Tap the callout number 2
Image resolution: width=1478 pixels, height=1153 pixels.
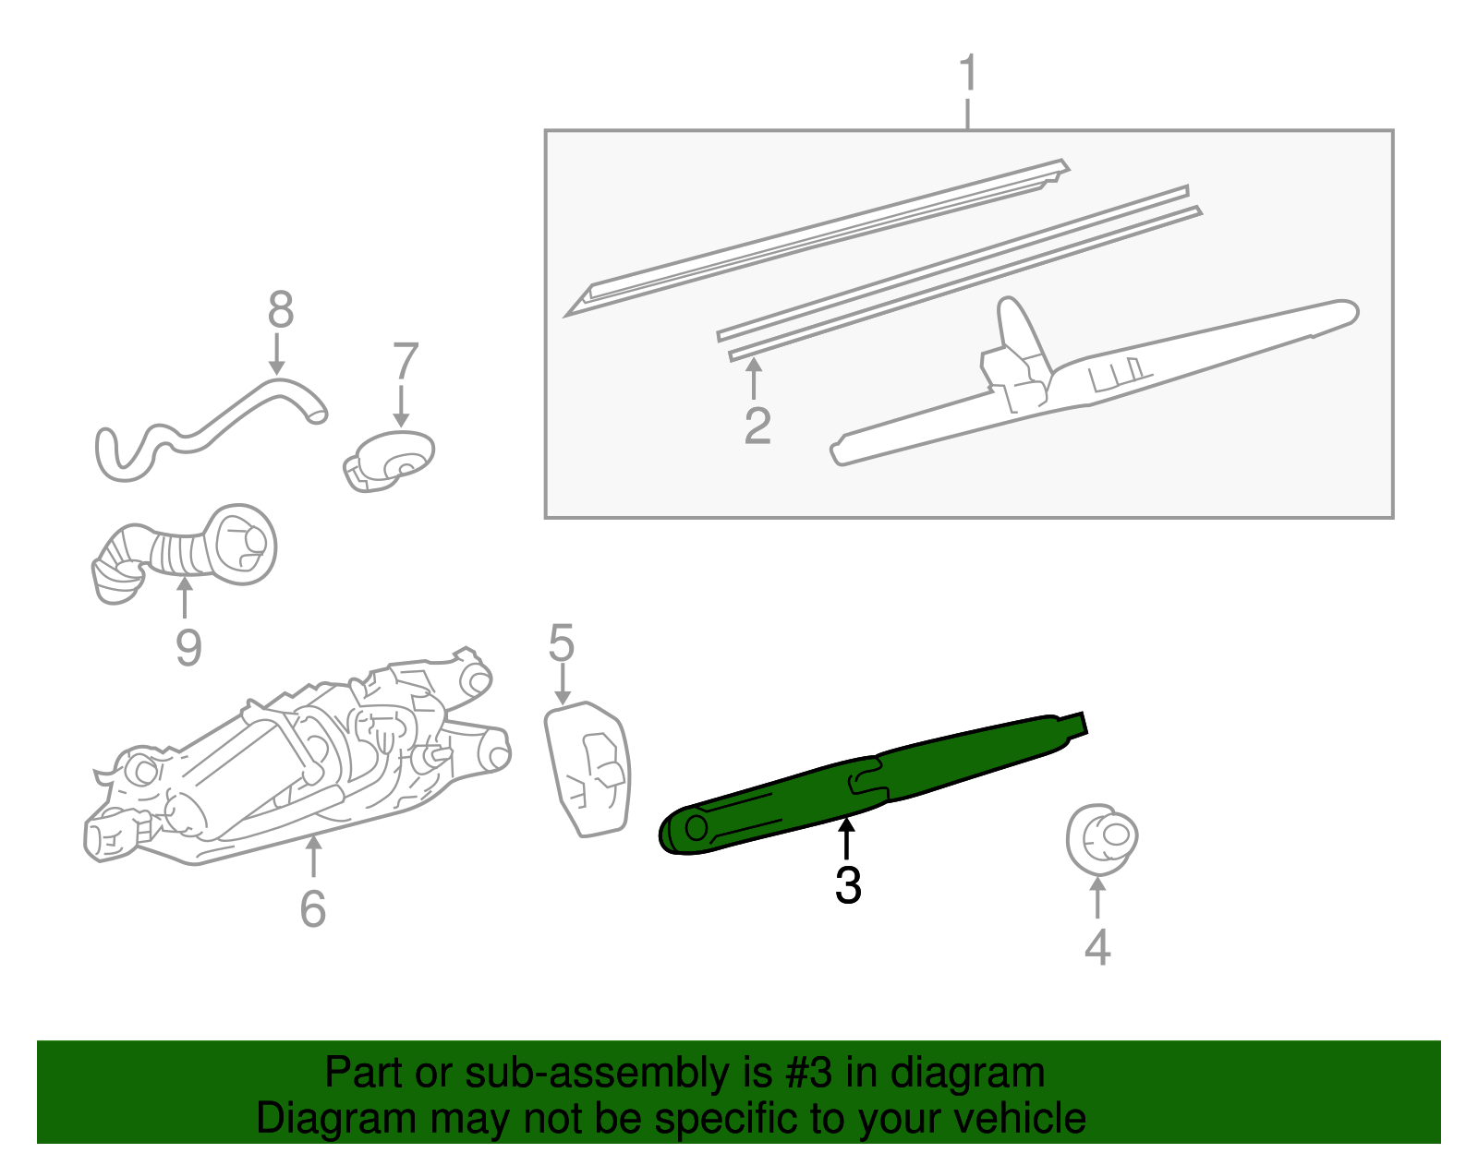(x=757, y=426)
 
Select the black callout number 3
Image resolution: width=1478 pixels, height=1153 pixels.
(x=847, y=884)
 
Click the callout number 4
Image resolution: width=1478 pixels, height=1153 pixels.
(x=1096, y=946)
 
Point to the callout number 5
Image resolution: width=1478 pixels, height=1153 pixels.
(x=561, y=643)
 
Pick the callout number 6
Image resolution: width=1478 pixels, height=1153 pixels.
(x=313, y=908)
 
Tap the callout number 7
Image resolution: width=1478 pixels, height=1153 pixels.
(x=406, y=362)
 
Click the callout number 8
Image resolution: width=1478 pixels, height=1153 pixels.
(x=280, y=310)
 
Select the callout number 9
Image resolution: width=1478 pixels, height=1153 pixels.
(x=188, y=647)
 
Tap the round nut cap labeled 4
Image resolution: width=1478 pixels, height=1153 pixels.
(x=1101, y=838)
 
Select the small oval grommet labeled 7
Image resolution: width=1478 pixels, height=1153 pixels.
(x=390, y=460)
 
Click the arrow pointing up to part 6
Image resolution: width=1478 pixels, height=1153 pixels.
(x=313, y=855)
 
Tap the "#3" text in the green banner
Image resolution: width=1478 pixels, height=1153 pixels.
(x=808, y=1074)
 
